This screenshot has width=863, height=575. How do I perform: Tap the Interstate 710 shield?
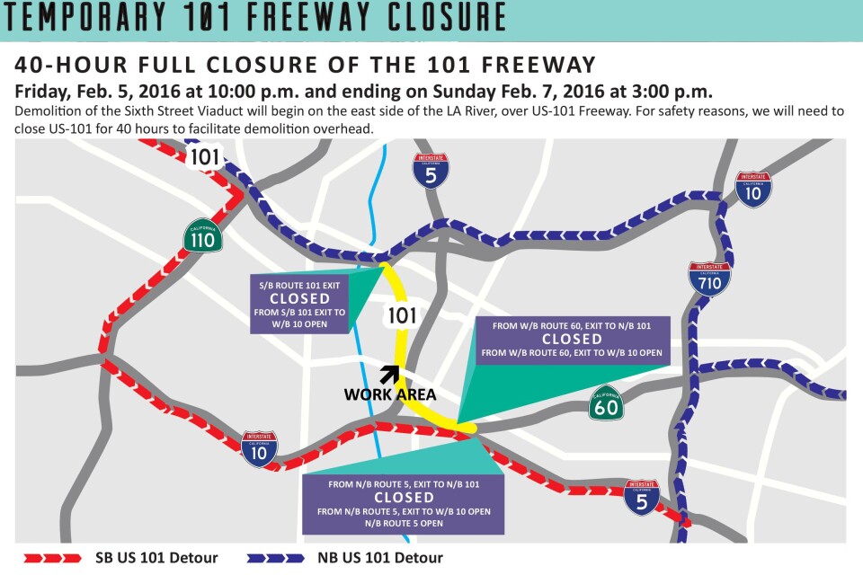click(x=708, y=279)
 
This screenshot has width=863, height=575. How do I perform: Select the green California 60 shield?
click(x=605, y=404)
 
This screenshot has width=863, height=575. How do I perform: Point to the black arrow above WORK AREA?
click(x=388, y=374)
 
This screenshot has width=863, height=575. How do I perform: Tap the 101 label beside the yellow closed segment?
click(x=401, y=315)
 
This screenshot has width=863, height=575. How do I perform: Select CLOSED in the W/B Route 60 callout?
click(x=572, y=339)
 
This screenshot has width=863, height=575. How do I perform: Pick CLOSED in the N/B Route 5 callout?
click(x=404, y=497)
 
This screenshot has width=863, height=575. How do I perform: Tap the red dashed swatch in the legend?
click(x=50, y=558)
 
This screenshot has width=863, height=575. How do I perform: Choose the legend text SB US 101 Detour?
click(x=156, y=558)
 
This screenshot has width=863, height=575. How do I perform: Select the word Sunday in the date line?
click(x=522, y=92)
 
